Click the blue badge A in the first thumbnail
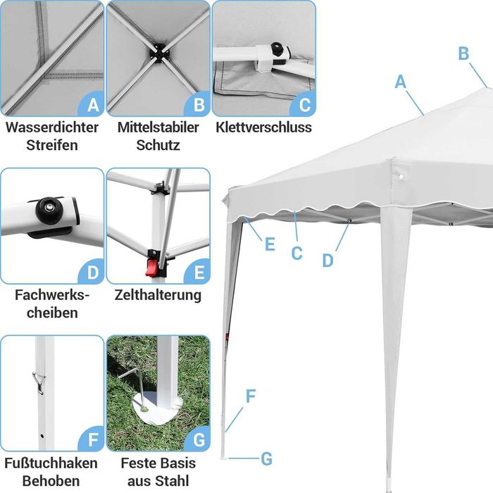92,105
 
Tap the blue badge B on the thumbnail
198,105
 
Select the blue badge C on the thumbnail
304,105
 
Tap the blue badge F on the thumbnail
92,440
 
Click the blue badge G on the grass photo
198,440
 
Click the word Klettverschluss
264,128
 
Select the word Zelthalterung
158,295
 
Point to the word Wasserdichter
52,128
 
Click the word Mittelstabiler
158,128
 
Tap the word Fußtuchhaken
51,463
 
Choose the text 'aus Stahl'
158,482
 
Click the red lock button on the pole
150,268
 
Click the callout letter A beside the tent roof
401,82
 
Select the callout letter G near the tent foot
266,459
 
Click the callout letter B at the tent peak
463,53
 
